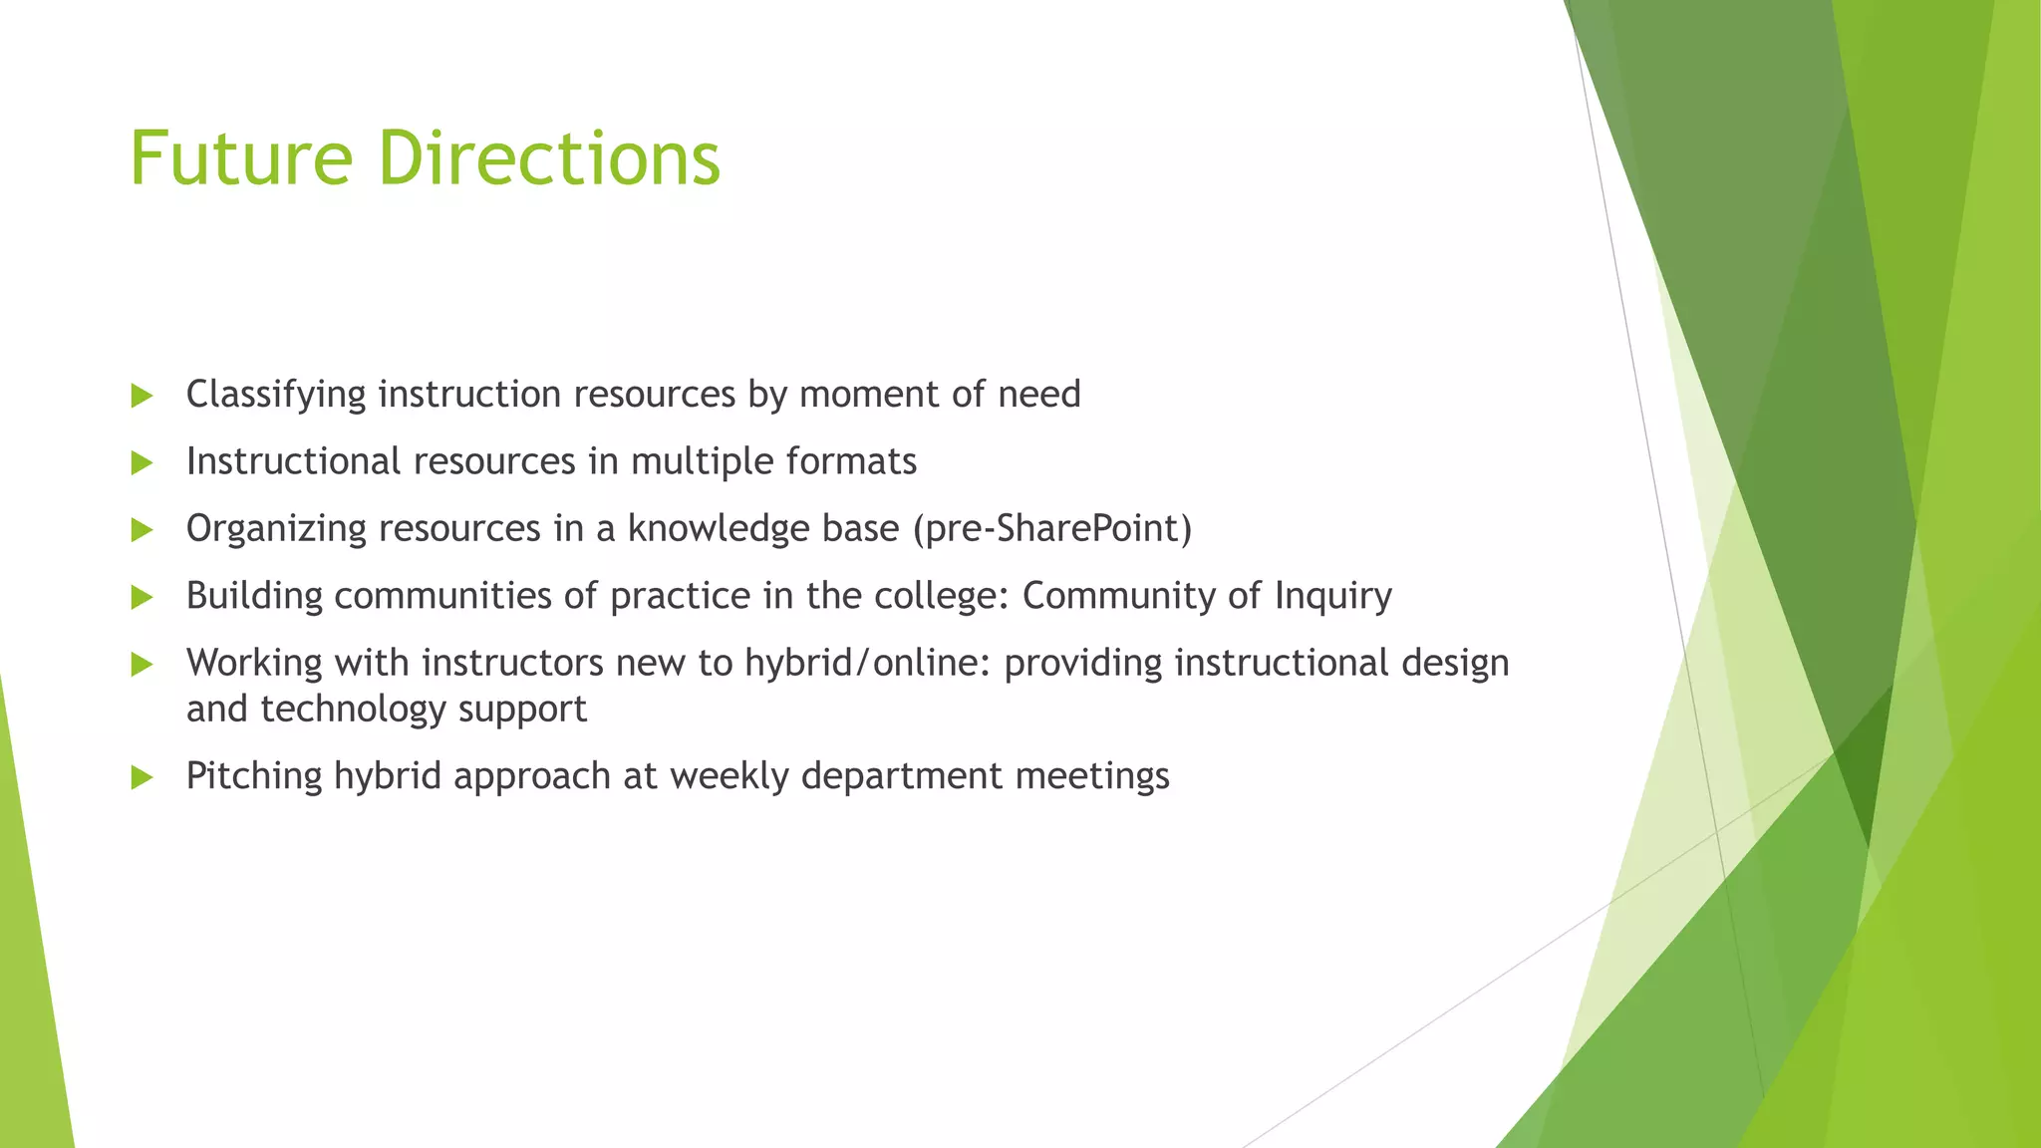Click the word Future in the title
pyautogui.click(x=241, y=159)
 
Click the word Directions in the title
pyautogui.click(x=549, y=159)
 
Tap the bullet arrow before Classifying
pyautogui.click(x=142, y=396)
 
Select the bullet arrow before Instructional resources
pyautogui.click(x=142, y=462)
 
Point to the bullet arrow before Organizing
pyautogui.click(x=142, y=530)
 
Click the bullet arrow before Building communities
pyautogui.click(x=142, y=597)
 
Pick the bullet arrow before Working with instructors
pyautogui.click(x=142, y=665)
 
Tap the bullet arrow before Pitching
pyautogui.click(x=142, y=777)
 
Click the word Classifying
pyautogui.click(x=276, y=396)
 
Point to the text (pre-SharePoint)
pyautogui.click(x=1052, y=529)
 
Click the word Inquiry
pyautogui.click(x=1332, y=597)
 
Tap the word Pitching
pyautogui.click(x=254, y=777)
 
